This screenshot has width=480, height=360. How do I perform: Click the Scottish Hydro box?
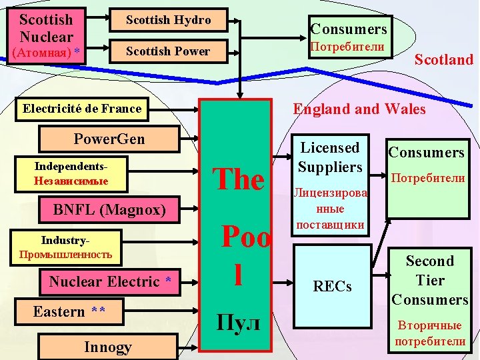(168, 21)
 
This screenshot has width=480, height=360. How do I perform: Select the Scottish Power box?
(168, 51)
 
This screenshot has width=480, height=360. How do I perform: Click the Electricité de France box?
(82, 109)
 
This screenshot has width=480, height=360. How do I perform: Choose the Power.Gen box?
(109, 139)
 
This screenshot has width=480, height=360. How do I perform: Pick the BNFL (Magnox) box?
(109, 210)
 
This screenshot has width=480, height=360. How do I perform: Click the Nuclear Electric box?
(111, 282)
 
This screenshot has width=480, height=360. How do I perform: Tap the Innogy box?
(108, 347)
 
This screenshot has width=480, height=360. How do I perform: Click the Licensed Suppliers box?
(330, 157)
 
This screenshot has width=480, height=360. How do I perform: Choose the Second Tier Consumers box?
(430, 280)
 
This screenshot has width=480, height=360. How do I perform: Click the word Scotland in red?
(443, 59)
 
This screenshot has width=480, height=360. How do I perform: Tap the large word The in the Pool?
(238, 179)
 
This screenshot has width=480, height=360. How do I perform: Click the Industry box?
(65, 246)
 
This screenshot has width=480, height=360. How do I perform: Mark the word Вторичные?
(430, 325)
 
